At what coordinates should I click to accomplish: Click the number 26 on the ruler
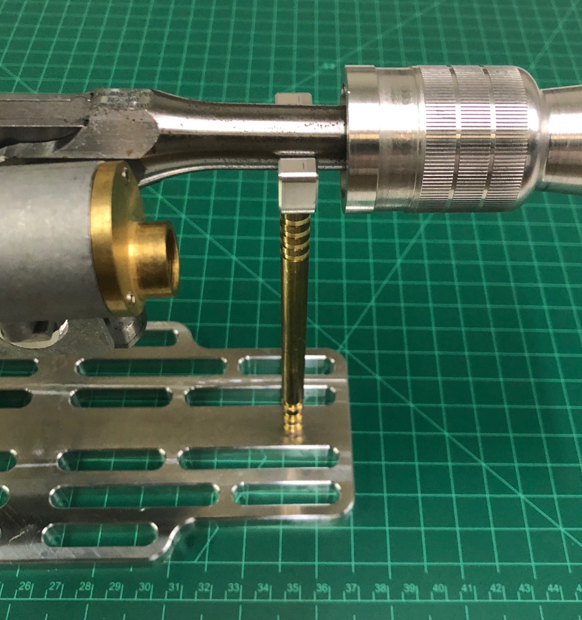(x=25, y=586)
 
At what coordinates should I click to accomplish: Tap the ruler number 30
(x=144, y=587)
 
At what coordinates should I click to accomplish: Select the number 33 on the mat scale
(x=233, y=588)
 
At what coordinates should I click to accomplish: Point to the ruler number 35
(x=293, y=588)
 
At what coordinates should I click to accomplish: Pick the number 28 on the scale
(x=85, y=587)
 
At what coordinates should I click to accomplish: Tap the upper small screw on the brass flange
(x=125, y=171)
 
